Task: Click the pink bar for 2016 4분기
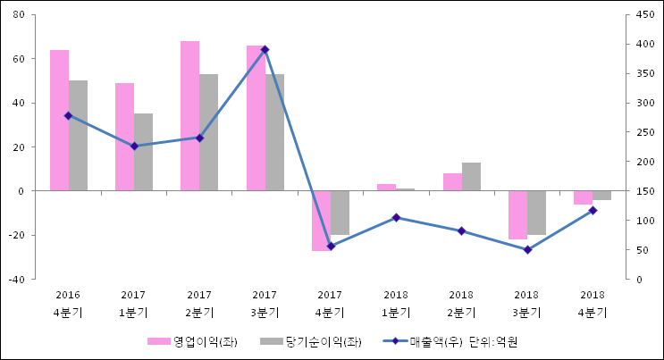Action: [59, 120]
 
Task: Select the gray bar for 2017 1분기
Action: [143, 152]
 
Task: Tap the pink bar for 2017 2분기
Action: [189, 115]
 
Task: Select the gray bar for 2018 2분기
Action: [471, 176]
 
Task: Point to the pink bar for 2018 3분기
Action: [517, 214]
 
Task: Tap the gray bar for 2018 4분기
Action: [601, 195]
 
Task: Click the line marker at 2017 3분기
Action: [265, 50]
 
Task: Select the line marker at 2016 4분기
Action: [68, 115]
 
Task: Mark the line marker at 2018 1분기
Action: [396, 217]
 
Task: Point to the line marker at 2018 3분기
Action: [527, 249]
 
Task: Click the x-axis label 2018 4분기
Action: [593, 304]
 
